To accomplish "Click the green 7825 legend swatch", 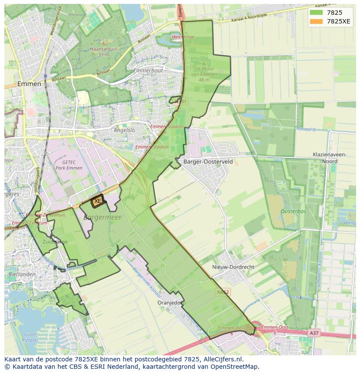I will (316, 13).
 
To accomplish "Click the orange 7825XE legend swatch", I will (316, 21).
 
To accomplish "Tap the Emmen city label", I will (29, 84).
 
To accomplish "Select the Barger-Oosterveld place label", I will (208, 162).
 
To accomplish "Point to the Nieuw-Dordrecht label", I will (233, 267).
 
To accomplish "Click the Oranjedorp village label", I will (171, 303).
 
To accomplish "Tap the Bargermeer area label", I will (103, 217).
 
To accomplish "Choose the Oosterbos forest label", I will (293, 212).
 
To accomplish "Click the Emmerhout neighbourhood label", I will (148, 70).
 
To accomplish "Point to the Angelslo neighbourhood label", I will (124, 130).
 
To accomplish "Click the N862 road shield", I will (222, 293).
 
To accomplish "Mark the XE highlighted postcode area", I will (97, 201).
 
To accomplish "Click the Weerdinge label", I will (183, 37).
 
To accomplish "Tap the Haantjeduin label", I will (103, 50).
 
